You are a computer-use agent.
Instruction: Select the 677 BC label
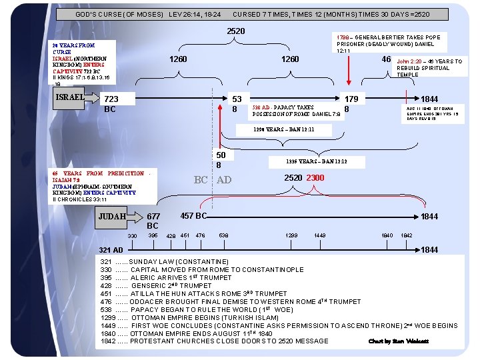153,221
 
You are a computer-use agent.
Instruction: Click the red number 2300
315,178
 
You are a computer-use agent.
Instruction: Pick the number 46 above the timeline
385,60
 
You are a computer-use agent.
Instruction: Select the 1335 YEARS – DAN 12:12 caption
315,161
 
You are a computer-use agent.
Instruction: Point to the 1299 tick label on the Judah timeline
291,236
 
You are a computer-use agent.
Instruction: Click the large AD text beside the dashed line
224,179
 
